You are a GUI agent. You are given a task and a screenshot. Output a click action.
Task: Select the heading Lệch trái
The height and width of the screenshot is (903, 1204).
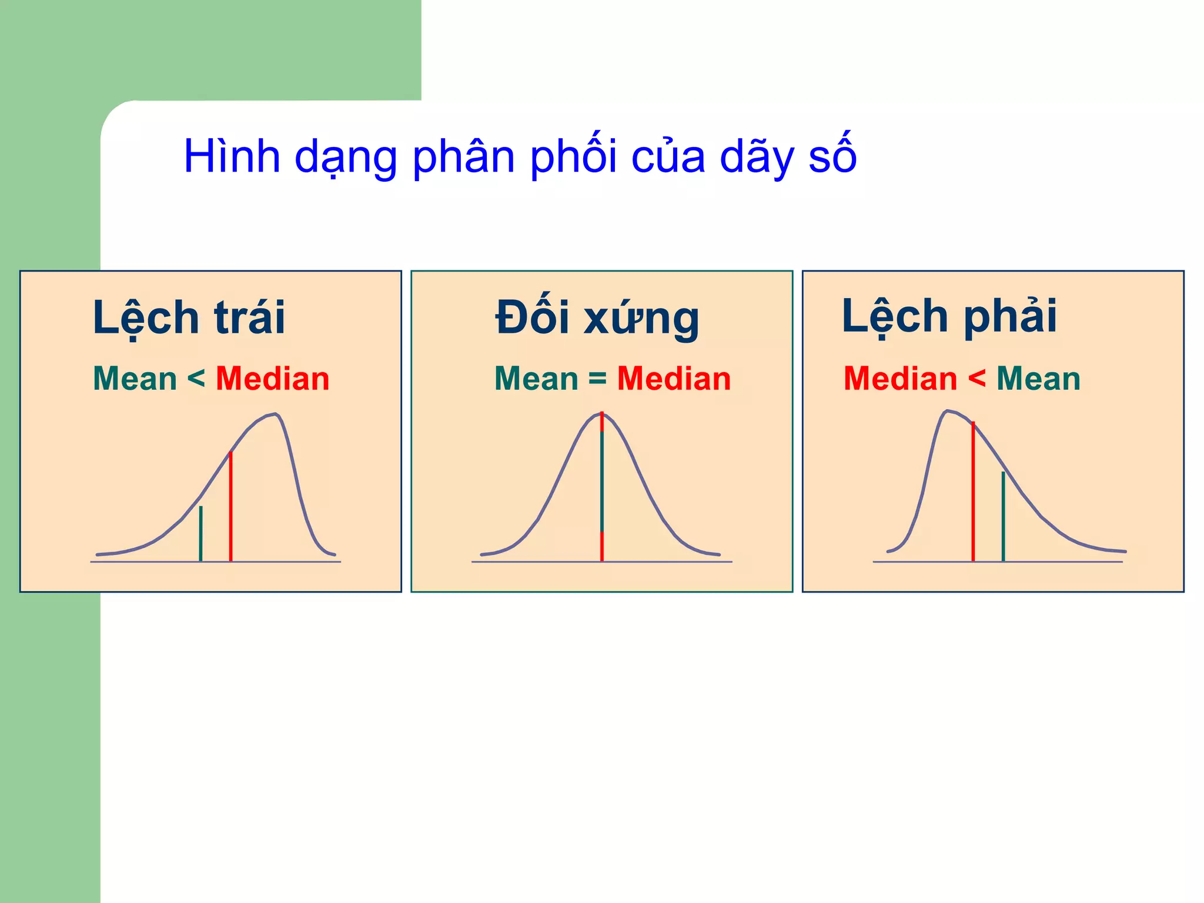189,317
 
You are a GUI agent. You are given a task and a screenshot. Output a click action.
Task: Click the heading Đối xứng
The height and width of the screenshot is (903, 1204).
597,317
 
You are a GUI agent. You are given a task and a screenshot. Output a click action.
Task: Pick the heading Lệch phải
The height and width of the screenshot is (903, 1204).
949,316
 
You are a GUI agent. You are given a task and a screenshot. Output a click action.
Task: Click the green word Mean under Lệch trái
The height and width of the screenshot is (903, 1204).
135,379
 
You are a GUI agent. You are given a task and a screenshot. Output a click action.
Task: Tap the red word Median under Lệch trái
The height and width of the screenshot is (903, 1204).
272,379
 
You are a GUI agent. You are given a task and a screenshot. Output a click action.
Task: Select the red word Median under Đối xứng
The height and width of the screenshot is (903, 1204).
674,379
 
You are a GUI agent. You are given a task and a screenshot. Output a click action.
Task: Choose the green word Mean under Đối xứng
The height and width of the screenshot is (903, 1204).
536,379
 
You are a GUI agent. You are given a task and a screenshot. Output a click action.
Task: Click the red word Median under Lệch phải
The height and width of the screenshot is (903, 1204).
900,379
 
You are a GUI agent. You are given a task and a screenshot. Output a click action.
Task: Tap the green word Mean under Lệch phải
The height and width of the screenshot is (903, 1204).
1038,379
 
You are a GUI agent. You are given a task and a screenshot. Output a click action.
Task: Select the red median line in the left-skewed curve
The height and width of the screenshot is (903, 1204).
230,506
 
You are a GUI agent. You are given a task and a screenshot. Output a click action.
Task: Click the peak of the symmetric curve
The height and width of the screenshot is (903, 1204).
602,414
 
